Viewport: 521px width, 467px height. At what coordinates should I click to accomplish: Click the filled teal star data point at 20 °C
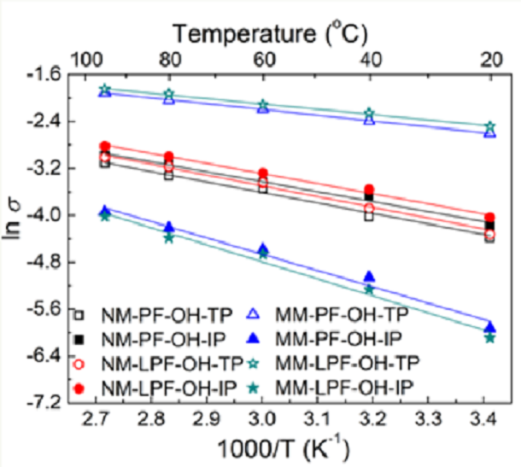(489, 338)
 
